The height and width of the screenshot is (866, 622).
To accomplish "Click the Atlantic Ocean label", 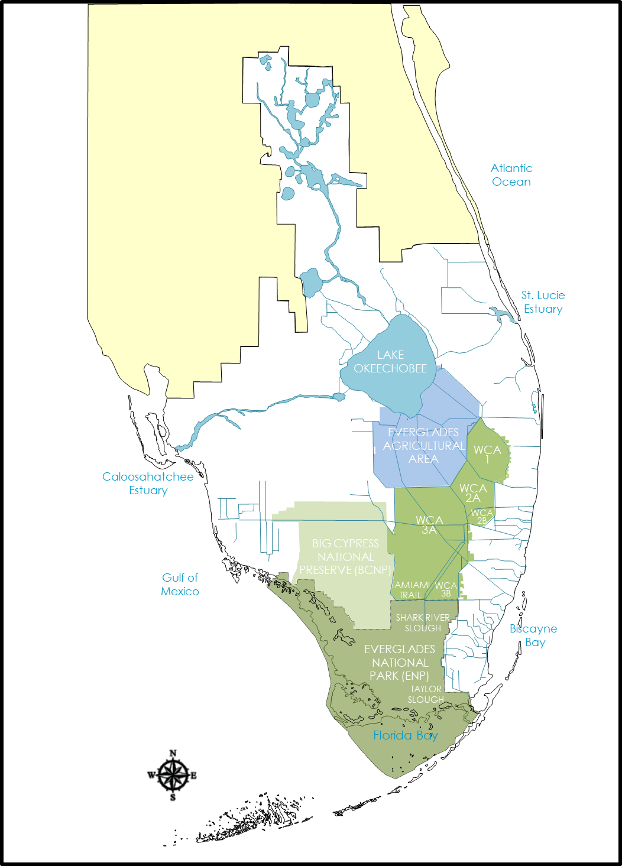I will (x=511, y=175).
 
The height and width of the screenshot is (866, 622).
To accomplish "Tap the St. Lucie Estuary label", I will (x=543, y=302).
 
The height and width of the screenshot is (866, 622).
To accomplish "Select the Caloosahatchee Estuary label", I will (x=148, y=484).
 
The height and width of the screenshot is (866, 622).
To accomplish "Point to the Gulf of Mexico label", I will (x=180, y=585).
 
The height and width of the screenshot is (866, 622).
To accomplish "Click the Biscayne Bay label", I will (x=533, y=635).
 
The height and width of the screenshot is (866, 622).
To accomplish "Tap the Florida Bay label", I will (x=406, y=735).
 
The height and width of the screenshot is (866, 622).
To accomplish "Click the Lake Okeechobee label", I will (x=390, y=362).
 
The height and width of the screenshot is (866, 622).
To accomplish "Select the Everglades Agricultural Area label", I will (x=423, y=446).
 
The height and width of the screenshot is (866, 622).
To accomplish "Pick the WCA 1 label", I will (x=487, y=455).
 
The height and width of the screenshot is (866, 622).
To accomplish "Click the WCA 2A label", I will (x=473, y=493).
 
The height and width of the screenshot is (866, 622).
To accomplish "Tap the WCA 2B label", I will (x=482, y=517).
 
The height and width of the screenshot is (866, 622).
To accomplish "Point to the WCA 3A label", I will (x=429, y=525).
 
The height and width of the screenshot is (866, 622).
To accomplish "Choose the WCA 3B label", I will (x=446, y=589).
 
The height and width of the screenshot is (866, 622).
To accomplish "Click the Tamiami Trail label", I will (x=410, y=590).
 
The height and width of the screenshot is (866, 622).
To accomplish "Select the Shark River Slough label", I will (x=423, y=622).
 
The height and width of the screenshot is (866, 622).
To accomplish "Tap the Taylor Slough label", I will (x=426, y=694).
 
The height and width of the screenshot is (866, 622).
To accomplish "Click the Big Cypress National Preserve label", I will (x=345, y=557).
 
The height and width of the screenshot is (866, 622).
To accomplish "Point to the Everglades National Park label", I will (x=400, y=663).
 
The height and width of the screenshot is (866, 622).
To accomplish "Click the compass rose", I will (x=173, y=775).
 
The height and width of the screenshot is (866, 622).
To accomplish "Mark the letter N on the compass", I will (x=173, y=753).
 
